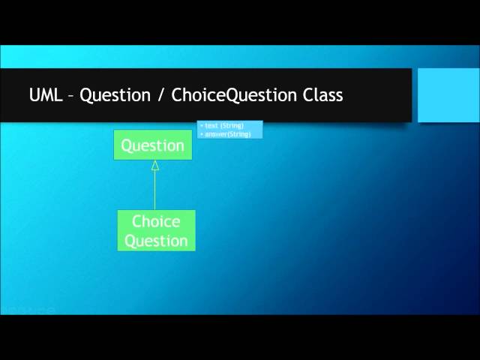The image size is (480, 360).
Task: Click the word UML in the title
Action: (x=46, y=95)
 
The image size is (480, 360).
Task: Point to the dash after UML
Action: (x=71, y=96)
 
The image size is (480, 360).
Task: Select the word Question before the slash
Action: (x=115, y=96)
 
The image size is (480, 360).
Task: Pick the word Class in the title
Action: (x=322, y=95)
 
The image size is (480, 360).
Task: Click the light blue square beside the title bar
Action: (x=448, y=94)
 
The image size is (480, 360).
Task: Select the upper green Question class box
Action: (x=153, y=145)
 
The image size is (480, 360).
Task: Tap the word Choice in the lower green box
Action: (x=156, y=221)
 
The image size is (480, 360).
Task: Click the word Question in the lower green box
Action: (x=156, y=241)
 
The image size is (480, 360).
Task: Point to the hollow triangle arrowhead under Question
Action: (x=155, y=166)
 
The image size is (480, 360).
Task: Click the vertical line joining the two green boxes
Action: (x=155, y=190)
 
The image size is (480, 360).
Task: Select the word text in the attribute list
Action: (x=211, y=126)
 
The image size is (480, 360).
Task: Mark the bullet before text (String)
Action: (x=202, y=126)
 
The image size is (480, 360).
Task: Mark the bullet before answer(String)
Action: (x=202, y=133)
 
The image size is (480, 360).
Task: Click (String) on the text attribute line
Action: (x=231, y=126)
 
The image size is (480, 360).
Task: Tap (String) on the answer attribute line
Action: (x=240, y=133)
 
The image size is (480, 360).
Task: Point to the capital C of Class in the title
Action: (x=307, y=95)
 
